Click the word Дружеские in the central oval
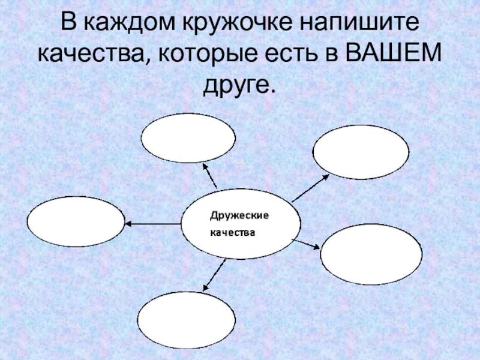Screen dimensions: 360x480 coord(239,215)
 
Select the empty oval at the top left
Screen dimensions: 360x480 coord(188,137)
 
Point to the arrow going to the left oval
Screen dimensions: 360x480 coord(153,224)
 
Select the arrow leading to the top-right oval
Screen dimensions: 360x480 coord(310,187)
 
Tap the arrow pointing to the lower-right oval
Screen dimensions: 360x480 coord(307,244)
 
